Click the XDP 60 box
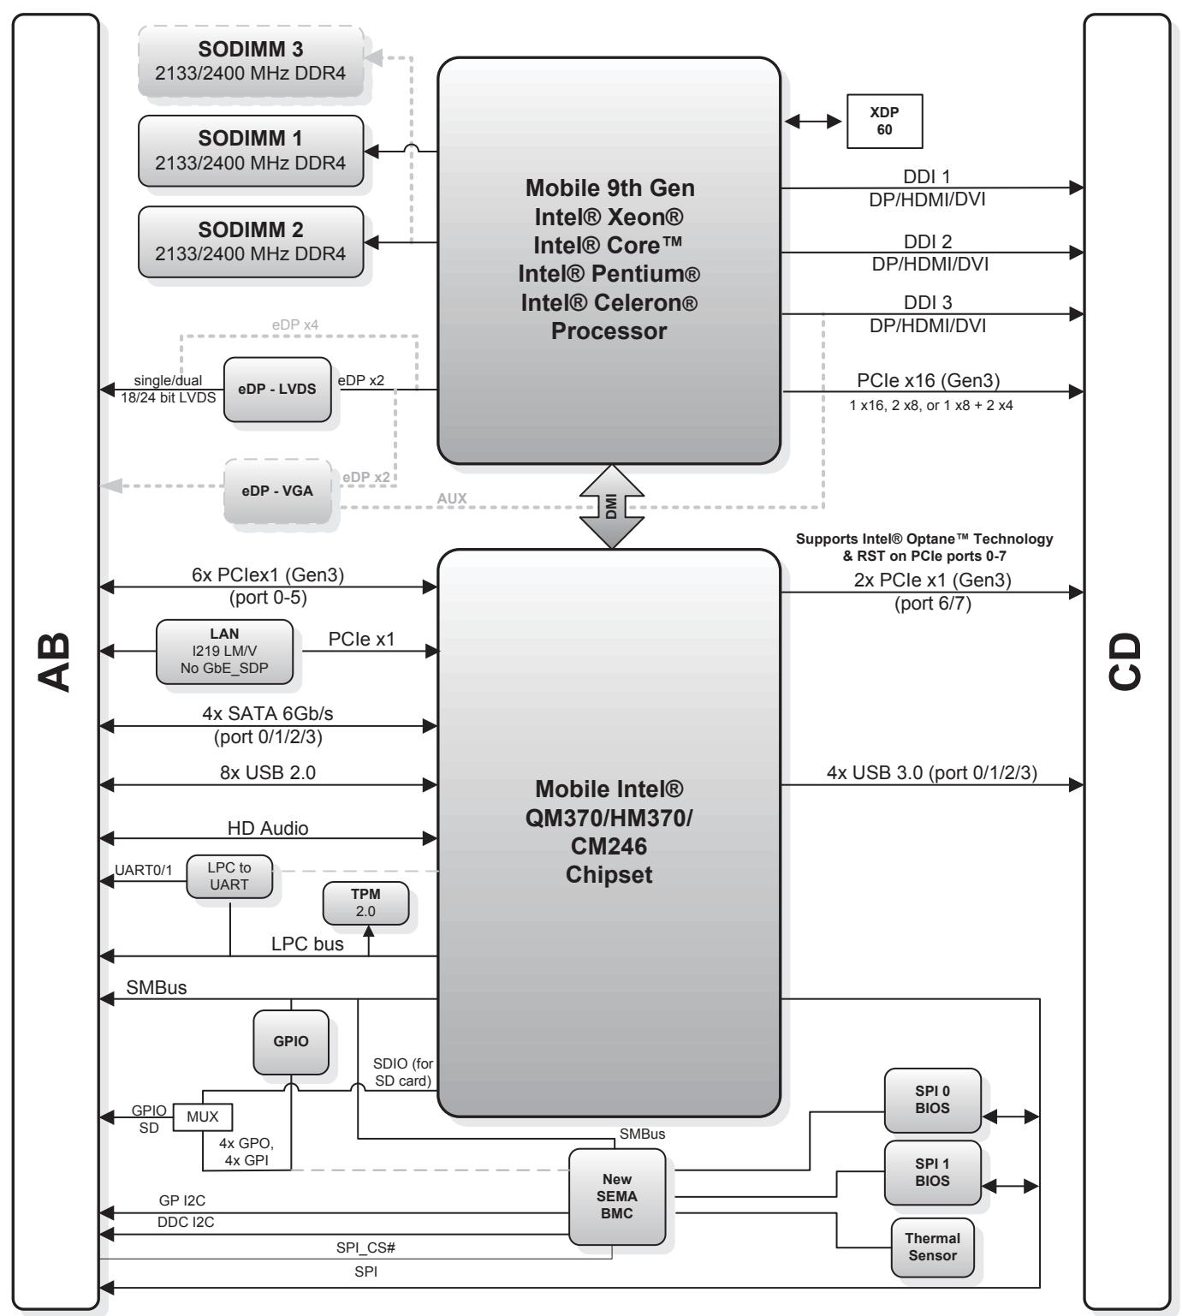pyautogui.click(x=884, y=121)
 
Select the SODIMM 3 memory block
pyautogui.click(x=251, y=61)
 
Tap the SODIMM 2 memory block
pyautogui.click(x=251, y=241)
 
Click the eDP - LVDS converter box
pyautogui.click(x=277, y=389)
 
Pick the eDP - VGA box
pyautogui.click(x=277, y=491)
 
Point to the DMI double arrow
pyautogui.click(x=611, y=507)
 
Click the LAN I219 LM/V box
pyautogui.click(x=224, y=652)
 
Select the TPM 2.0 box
pyautogui.click(x=365, y=903)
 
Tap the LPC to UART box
pyautogui.click(x=229, y=876)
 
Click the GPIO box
pyautogui.click(x=291, y=1042)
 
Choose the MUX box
pyautogui.click(x=203, y=1117)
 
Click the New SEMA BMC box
pyautogui.click(x=617, y=1196)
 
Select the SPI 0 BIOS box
pyautogui.click(x=933, y=1100)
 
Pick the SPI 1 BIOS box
pyautogui.click(x=933, y=1173)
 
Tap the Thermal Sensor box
pyautogui.click(x=933, y=1248)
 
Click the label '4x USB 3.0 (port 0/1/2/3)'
pyautogui.click(x=932, y=772)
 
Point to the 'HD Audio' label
pyautogui.click(x=268, y=828)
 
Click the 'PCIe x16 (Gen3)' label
pyautogui.click(x=928, y=381)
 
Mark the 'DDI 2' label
pyautogui.click(x=928, y=241)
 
